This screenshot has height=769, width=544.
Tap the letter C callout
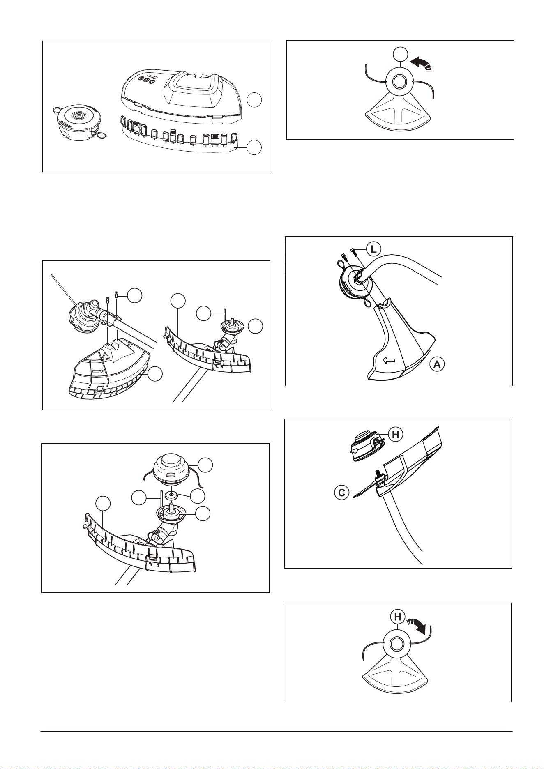pos(341,493)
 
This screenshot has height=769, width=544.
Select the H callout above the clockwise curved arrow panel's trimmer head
pos(397,617)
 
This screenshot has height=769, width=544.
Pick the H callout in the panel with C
pos(396,434)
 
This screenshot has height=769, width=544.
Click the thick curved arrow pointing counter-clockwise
pos(418,64)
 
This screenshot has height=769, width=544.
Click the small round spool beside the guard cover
pos(75,120)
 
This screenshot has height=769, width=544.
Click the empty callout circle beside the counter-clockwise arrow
pos(400,54)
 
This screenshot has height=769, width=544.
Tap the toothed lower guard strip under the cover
pos(177,140)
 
